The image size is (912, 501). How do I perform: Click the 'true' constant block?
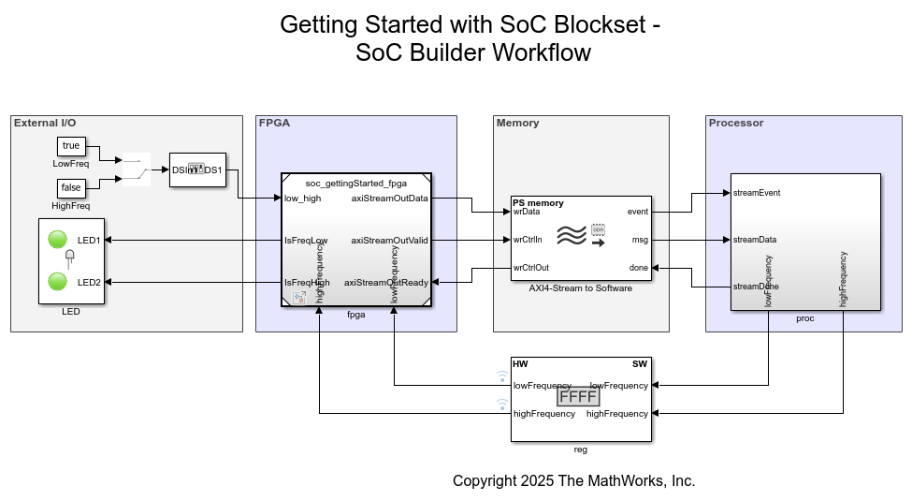click(x=71, y=146)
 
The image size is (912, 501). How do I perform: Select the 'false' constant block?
click(x=71, y=188)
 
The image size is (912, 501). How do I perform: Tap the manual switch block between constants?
click(x=137, y=169)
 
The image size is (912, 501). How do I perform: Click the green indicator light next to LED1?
click(x=57, y=240)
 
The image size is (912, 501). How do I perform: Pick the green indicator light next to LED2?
click(x=57, y=281)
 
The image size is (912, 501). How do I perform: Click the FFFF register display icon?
click(x=577, y=397)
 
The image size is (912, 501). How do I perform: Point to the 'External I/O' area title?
click(x=45, y=123)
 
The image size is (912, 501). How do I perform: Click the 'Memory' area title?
click(x=517, y=123)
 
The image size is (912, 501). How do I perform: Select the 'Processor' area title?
click(x=736, y=123)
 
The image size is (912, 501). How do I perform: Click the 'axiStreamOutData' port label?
click(x=389, y=198)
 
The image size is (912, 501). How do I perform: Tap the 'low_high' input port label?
click(x=302, y=198)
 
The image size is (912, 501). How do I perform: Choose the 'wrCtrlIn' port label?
click(x=528, y=240)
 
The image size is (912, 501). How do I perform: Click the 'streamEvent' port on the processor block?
click(x=757, y=193)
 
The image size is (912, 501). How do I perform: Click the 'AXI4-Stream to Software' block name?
click(x=580, y=288)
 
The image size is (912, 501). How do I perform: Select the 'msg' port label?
click(x=640, y=240)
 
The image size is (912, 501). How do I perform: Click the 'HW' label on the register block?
click(x=521, y=363)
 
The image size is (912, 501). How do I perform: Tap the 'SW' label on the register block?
click(x=640, y=363)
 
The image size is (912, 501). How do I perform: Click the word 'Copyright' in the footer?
click(x=485, y=480)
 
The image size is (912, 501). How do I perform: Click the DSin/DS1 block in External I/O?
click(x=197, y=169)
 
